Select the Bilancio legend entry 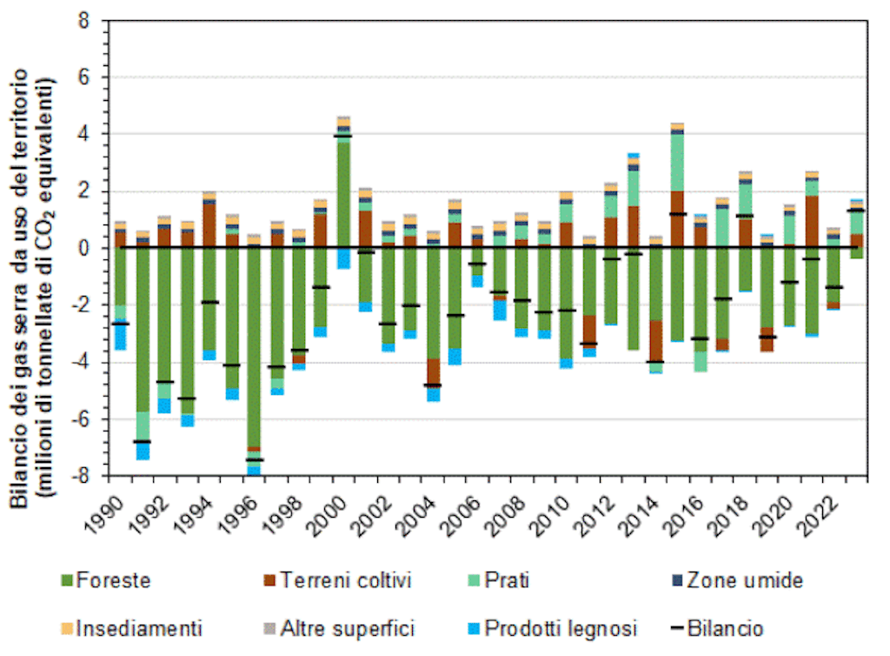(725, 627)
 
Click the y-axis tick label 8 (84, 20)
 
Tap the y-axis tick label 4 (84, 134)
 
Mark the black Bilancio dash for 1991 (143, 442)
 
